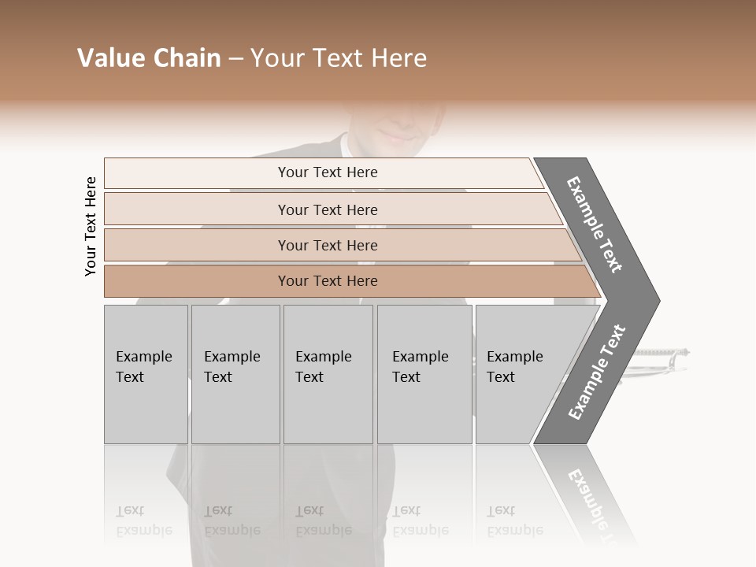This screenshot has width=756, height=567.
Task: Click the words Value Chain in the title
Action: click(149, 58)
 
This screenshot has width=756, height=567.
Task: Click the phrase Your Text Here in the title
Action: click(339, 58)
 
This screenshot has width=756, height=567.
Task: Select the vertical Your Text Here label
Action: click(91, 227)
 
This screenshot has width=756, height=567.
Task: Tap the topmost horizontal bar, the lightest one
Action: click(328, 172)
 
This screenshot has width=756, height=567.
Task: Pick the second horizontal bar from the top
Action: click(328, 209)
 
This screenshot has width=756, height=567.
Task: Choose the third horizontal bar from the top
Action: click(328, 245)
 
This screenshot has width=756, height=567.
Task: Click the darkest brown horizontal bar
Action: click(328, 281)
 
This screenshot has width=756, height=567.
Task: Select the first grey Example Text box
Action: click(146, 374)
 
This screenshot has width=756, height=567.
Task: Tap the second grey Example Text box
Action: click(235, 374)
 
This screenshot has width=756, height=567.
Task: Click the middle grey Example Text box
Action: click(328, 374)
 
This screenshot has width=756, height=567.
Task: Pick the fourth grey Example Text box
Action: click(424, 374)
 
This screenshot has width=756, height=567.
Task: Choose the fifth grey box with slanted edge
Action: click(520, 374)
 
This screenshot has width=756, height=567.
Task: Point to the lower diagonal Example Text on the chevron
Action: click(597, 372)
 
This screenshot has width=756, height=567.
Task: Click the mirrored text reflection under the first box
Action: click(144, 521)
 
